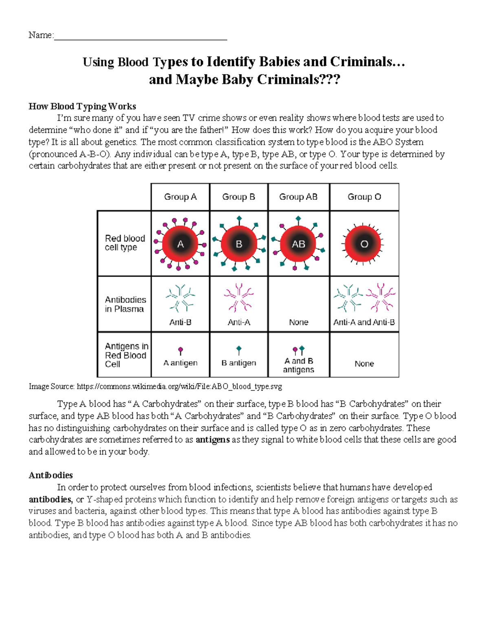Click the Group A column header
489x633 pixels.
(180, 197)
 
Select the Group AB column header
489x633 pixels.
(298, 197)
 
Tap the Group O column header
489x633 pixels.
(364, 197)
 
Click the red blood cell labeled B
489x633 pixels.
(239, 244)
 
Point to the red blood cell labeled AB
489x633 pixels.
(298, 244)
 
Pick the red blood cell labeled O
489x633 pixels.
(364, 244)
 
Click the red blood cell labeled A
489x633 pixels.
(180, 244)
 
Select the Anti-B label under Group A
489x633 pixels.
(180, 322)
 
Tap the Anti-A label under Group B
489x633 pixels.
(239, 322)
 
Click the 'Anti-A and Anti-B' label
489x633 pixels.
(364, 322)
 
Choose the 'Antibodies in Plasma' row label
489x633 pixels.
(125, 304)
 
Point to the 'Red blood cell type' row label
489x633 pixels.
(125, 243)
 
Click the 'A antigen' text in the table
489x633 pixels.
(180, 363)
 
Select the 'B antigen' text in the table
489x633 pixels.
(239, 363)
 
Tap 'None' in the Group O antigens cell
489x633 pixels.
(364, 364)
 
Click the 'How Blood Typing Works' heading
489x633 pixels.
(82, 106)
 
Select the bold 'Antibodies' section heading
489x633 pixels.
(51, 475)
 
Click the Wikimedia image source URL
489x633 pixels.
(179, 386)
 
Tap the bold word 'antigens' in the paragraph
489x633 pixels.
(213, 440)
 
